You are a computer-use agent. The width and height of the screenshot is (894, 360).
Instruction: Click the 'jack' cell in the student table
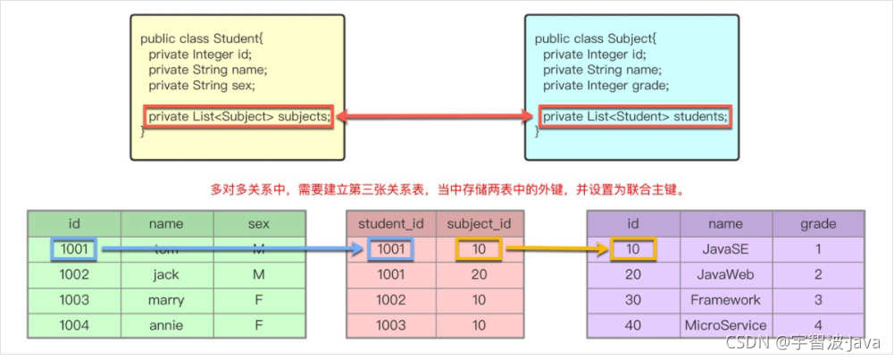point(166,275)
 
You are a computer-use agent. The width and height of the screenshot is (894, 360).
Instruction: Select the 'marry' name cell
point(166,300)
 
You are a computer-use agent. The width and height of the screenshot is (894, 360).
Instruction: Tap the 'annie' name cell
point(166,325)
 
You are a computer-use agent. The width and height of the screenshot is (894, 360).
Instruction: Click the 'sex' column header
point(259,224)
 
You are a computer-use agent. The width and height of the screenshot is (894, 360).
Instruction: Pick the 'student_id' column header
point(390,224)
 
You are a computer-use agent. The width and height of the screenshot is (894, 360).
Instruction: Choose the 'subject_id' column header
point(480,224)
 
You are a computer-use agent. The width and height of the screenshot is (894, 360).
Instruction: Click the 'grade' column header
point(818,224)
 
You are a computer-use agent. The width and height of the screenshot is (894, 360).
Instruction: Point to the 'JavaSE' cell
point(725,250)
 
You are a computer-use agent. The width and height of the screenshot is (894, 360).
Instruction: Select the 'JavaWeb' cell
point(725,275)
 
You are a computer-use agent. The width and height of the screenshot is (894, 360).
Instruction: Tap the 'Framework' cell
point(725,300)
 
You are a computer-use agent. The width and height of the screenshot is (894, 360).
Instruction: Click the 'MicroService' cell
point(725,325)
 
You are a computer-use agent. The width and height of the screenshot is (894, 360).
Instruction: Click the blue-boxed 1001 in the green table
point(74,250)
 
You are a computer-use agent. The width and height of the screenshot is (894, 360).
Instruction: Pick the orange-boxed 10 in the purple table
point(633,250)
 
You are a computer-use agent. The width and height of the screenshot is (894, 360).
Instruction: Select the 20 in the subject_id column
point(480,275)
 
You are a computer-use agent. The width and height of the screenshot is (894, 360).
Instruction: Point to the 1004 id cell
point(74,325)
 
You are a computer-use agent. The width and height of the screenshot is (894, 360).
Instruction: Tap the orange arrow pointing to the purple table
point(554,250)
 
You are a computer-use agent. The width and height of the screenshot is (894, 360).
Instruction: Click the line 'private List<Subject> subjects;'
point(239,116)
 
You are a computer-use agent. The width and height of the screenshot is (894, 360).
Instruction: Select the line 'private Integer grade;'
point(606,86)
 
